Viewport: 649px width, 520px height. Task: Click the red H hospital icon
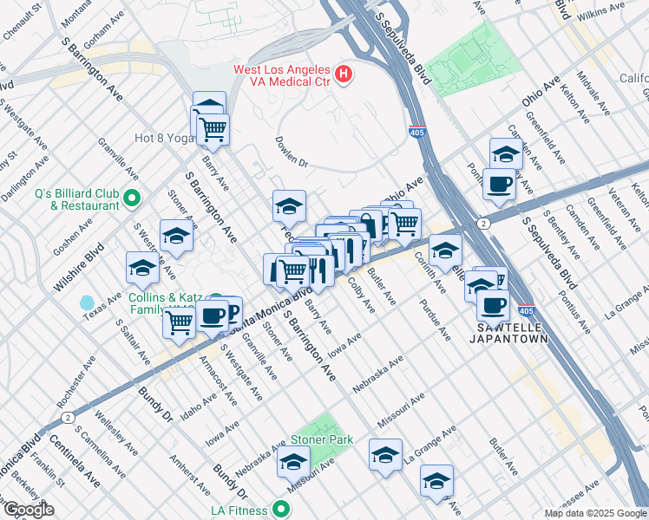(344, 75)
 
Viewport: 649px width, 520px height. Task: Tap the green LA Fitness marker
(281, 509)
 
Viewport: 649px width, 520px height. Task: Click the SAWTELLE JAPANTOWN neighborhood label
(514, 333)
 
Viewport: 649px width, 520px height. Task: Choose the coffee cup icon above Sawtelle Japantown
(494, 305)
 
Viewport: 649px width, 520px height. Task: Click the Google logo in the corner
(29, 510)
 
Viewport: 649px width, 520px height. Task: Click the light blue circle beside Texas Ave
(87, 303)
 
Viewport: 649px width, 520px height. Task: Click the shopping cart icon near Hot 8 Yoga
(213, 130)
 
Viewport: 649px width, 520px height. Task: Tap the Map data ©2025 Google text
(595, 513)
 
